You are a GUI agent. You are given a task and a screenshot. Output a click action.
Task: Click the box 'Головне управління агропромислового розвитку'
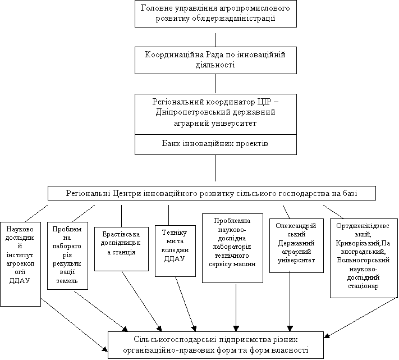215,13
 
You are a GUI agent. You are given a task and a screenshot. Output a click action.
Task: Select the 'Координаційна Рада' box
215,60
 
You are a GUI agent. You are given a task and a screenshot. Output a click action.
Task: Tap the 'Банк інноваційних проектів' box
215,144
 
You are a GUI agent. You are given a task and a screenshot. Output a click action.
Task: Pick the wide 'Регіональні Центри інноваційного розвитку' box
212,193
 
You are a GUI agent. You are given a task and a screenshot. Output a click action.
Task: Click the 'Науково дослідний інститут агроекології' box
20,264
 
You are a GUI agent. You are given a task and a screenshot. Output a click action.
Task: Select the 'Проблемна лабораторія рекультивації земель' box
67,256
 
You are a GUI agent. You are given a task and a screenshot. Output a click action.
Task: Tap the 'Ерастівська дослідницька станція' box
121,249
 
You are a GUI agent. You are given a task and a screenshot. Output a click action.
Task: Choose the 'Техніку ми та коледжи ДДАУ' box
175,251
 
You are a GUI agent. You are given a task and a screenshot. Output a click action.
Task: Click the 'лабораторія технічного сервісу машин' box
232,248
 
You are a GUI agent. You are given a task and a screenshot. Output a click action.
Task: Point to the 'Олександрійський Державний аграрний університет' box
296,245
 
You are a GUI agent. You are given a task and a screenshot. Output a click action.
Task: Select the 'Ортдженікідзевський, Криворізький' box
364,258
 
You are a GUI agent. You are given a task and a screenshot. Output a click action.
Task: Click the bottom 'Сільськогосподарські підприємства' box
215,345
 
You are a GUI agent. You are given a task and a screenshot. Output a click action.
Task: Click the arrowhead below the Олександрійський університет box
290,328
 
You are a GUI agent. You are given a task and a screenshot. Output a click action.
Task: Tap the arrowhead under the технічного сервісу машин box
236,328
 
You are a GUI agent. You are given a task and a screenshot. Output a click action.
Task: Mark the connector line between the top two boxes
216,40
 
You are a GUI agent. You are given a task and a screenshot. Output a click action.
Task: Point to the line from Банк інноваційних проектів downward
216,168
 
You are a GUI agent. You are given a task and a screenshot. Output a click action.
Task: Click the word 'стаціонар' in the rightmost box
363,286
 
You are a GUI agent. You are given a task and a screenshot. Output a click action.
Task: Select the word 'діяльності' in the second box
215,65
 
